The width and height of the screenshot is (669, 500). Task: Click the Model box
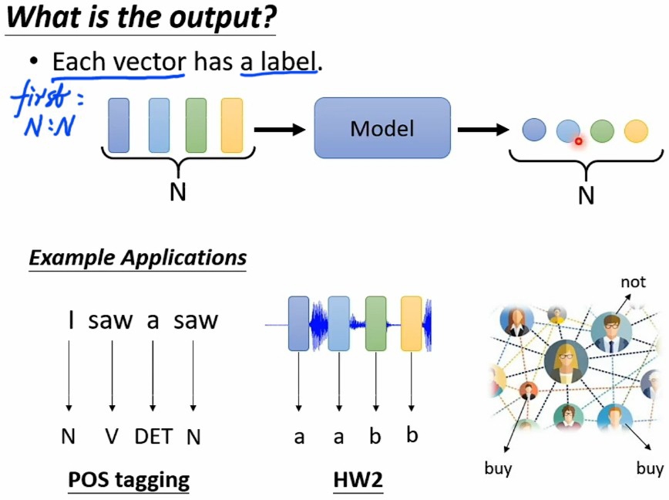382,128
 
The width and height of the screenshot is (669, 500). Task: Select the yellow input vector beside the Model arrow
231,125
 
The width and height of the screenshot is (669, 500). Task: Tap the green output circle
602,130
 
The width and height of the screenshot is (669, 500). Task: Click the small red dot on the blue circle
577,140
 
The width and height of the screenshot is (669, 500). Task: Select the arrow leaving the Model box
483,130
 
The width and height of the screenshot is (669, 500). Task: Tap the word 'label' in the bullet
279,62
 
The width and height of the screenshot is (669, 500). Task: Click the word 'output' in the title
224,17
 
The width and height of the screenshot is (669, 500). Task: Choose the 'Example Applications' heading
138,257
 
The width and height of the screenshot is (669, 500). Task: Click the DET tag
153,437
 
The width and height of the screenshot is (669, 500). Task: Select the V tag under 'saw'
112,437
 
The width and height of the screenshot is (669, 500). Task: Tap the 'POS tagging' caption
129,480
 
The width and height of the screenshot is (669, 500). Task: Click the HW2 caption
358,480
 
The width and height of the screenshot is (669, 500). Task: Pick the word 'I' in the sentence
70,320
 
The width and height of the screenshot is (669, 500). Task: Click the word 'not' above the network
633,282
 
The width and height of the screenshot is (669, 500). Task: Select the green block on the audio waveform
375,323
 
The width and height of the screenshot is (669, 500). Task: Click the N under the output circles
586,196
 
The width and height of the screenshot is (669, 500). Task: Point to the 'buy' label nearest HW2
498,468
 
